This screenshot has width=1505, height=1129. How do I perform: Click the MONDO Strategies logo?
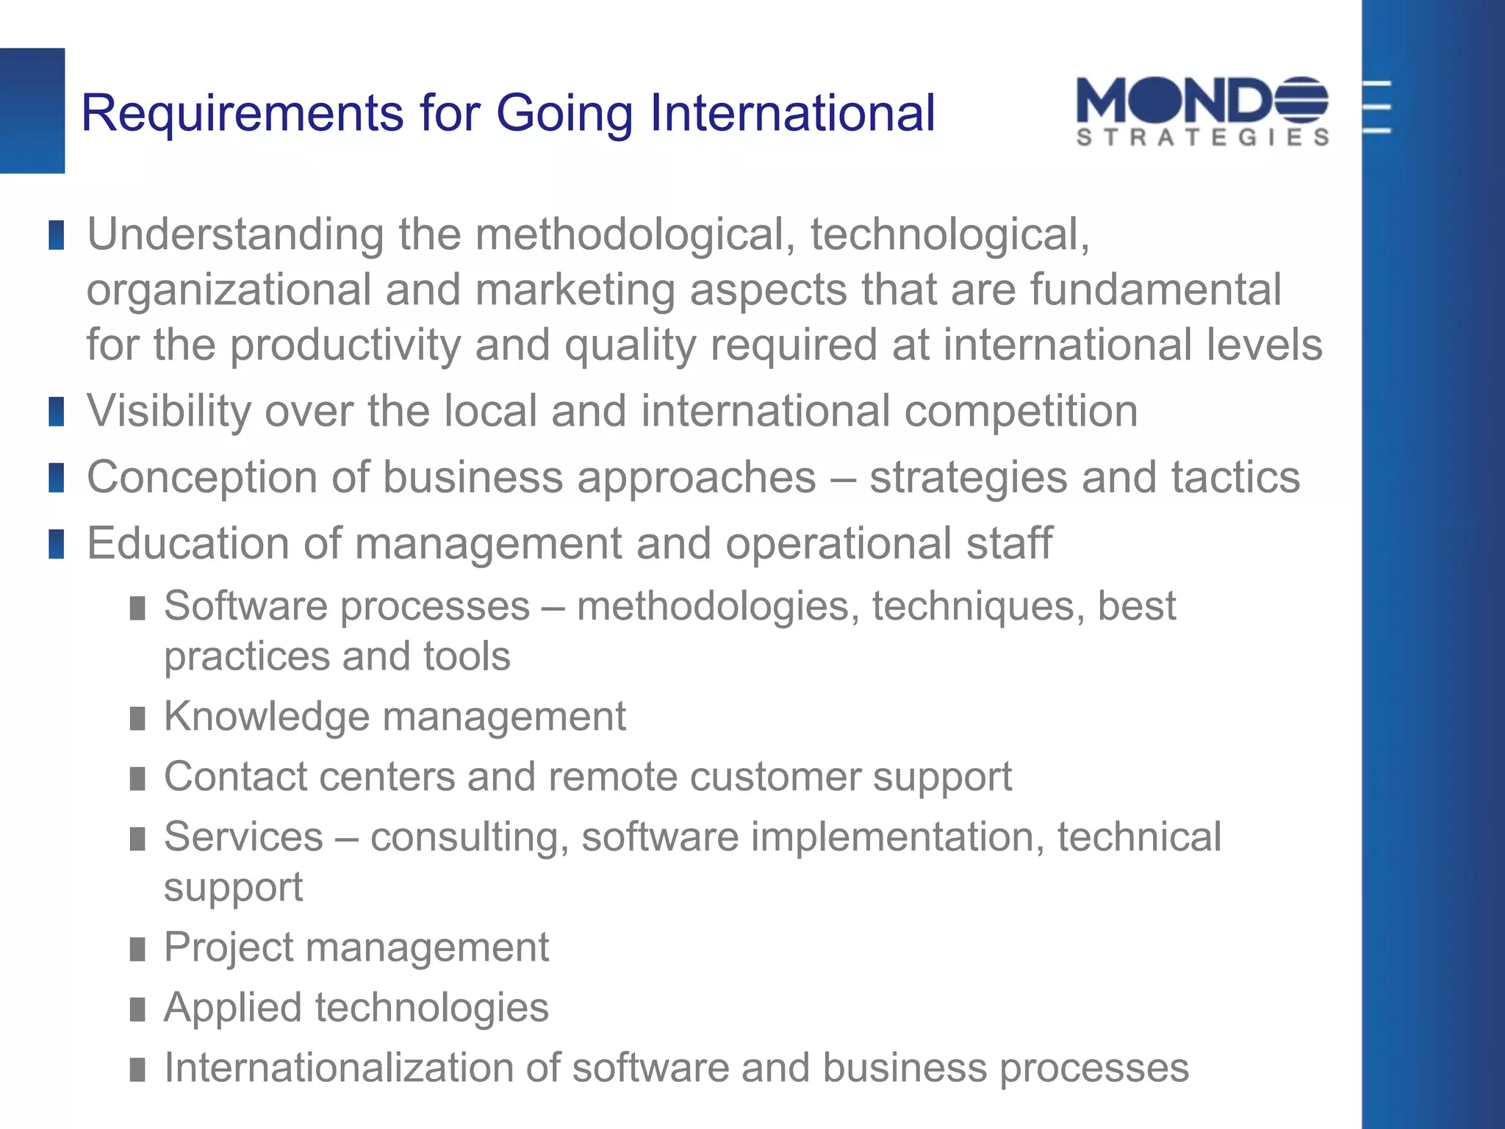tap(1202, 111)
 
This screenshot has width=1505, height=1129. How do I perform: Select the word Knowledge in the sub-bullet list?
tap(267, 717)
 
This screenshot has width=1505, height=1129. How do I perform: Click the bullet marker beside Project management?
tap(137, 949)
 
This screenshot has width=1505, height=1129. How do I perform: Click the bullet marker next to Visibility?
tap(57, 412)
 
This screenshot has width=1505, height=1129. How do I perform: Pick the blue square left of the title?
tap(32, 111)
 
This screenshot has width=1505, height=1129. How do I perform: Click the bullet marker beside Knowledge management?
tap(137, 718)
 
